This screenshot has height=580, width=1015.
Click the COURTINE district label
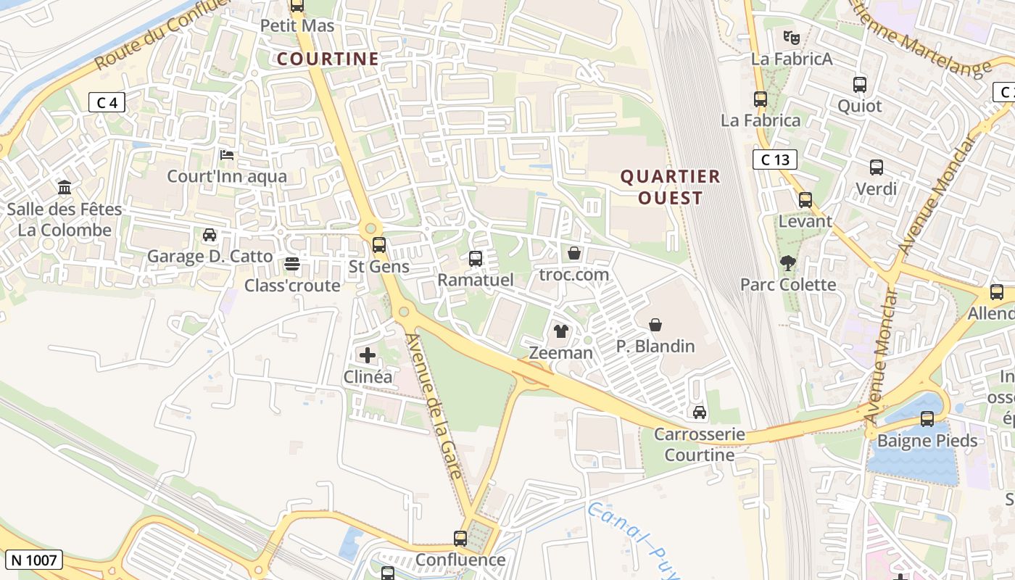point(328,59)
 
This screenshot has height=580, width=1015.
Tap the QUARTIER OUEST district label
point(671,187)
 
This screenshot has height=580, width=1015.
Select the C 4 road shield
point(107,103)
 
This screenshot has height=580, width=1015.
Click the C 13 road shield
point(775,159)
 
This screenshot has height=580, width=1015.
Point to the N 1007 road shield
point(33,560)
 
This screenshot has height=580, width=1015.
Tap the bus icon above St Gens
point(379,245)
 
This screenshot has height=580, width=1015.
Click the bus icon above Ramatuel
point(476,259)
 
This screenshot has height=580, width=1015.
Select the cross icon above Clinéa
point(368,355)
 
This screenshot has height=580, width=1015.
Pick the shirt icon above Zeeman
point(561,332)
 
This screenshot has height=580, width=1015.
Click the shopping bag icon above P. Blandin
point(655,325)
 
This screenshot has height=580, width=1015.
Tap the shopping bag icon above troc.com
point(574,253)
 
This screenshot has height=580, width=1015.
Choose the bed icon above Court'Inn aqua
point(227,155)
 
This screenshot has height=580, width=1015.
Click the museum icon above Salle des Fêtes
point(65,188)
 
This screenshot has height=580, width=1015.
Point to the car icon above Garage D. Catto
point(210,235)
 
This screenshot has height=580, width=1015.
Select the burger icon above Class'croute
point(292,264)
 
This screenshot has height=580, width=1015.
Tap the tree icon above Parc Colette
point(788,263)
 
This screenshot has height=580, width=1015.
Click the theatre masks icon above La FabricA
point(791,36)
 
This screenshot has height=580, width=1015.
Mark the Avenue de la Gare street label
point(434,406)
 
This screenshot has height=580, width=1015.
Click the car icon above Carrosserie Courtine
point(700,413)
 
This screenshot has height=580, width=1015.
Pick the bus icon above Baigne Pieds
point(927,419)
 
